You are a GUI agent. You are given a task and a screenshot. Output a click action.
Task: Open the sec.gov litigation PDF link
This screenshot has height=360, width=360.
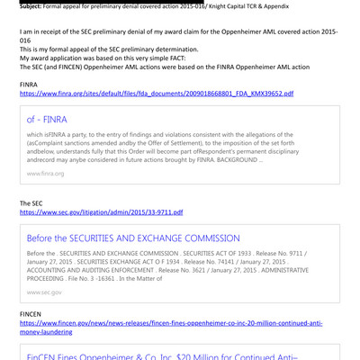[x=101, y=212]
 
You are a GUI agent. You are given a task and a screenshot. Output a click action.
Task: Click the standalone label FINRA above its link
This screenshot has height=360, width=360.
[x=30, y=84]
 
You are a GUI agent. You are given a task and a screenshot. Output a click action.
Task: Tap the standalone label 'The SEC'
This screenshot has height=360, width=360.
[x=32, y=203]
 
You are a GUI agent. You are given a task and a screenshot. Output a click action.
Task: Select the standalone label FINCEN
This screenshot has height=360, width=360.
[x=31, y=312]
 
